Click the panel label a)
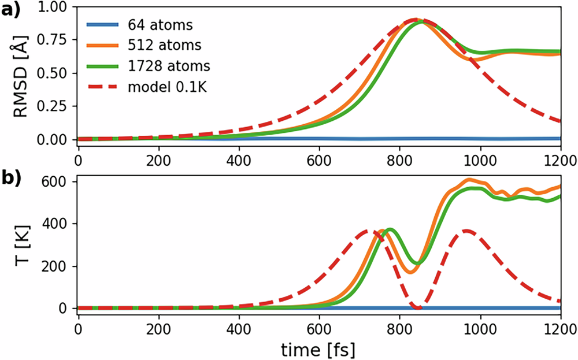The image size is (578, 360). pyautogui.click(x=10, y=9)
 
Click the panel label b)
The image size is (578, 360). pyautogui.click(x=10, y=179)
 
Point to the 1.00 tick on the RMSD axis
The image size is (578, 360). pyautogui.click(x=55, y=8)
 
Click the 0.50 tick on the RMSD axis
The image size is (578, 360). pyautogui.click(x=55, y=73)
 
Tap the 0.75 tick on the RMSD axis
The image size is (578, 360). pyautogui.click(x=55, y=40)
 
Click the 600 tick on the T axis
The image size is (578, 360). pyautogui.click(x=58, y=181)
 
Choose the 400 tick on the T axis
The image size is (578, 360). pyautogui.click(x=58, y=224)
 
